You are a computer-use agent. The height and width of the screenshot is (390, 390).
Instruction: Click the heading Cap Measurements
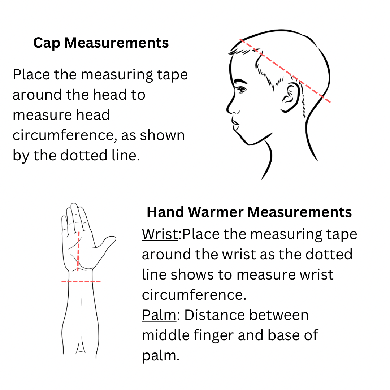point(101,43)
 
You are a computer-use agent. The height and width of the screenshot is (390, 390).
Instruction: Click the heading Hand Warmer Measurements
point(249,212)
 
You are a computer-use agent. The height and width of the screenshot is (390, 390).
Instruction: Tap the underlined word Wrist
point(160,234)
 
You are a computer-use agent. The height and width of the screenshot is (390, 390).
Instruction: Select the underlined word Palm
point(159,315)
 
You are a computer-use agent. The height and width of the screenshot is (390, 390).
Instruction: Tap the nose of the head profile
point(230,107)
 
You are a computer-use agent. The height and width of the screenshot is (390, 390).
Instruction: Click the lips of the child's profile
point(236,124)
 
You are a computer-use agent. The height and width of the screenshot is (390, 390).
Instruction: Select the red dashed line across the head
point(285,70)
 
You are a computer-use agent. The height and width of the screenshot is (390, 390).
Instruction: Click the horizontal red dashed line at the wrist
point(81,281)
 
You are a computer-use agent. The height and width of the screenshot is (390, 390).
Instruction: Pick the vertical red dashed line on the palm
point(78,251)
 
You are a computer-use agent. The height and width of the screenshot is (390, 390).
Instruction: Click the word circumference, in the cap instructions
point(65,135)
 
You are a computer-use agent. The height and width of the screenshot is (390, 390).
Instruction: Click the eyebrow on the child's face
point(240,81)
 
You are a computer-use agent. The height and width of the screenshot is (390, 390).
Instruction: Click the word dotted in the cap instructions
point(83,155)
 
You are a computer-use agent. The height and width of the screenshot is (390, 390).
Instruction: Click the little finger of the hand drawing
point(64,225)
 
